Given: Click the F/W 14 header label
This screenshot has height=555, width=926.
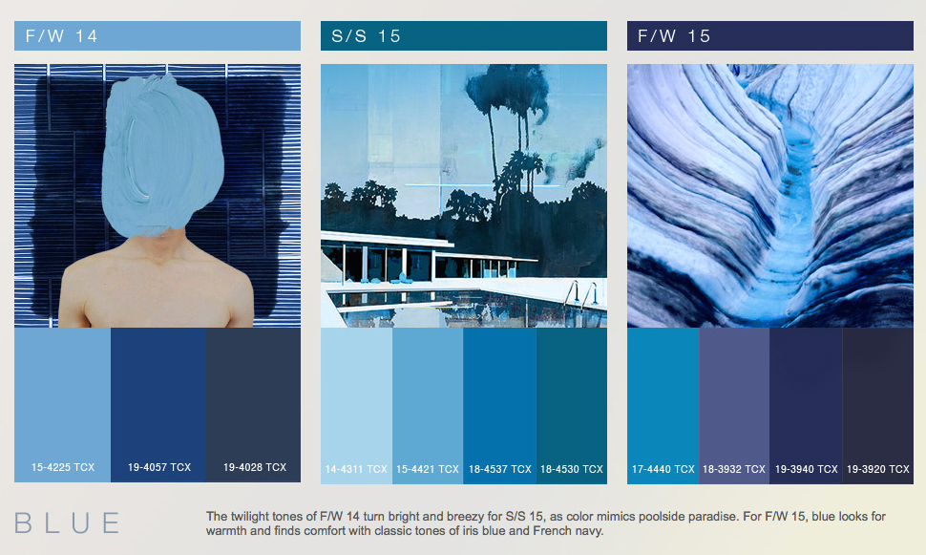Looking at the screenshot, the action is (61, 36).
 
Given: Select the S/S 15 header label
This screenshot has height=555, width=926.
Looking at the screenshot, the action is (367, 36).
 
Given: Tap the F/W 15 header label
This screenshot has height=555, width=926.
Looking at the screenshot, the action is (674, 36).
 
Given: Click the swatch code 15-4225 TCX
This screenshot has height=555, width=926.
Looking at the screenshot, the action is (63, 467).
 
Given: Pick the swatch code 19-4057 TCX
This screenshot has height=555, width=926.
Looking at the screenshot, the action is (159, 467).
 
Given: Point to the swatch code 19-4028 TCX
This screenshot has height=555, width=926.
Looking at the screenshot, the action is (255, 467).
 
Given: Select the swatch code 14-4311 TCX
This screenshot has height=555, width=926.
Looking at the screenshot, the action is (356, 469).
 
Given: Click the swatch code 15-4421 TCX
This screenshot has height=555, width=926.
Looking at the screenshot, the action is (428, 469).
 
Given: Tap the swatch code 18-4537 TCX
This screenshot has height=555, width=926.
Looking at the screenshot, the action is (499, 469).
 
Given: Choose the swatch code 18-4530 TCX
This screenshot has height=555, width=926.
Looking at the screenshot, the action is (572, 469).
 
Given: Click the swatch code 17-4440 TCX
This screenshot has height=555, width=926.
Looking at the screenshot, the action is (663, 469).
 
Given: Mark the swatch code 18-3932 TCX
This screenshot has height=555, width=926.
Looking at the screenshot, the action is (734, 469).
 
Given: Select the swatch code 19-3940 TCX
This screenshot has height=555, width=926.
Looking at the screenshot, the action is (806, 469).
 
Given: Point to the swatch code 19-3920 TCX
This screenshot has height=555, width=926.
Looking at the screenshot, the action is (878, 469).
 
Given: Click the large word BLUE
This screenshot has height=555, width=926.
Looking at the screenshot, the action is (68, 523).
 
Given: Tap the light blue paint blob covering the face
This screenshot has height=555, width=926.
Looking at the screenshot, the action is (162, 157).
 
